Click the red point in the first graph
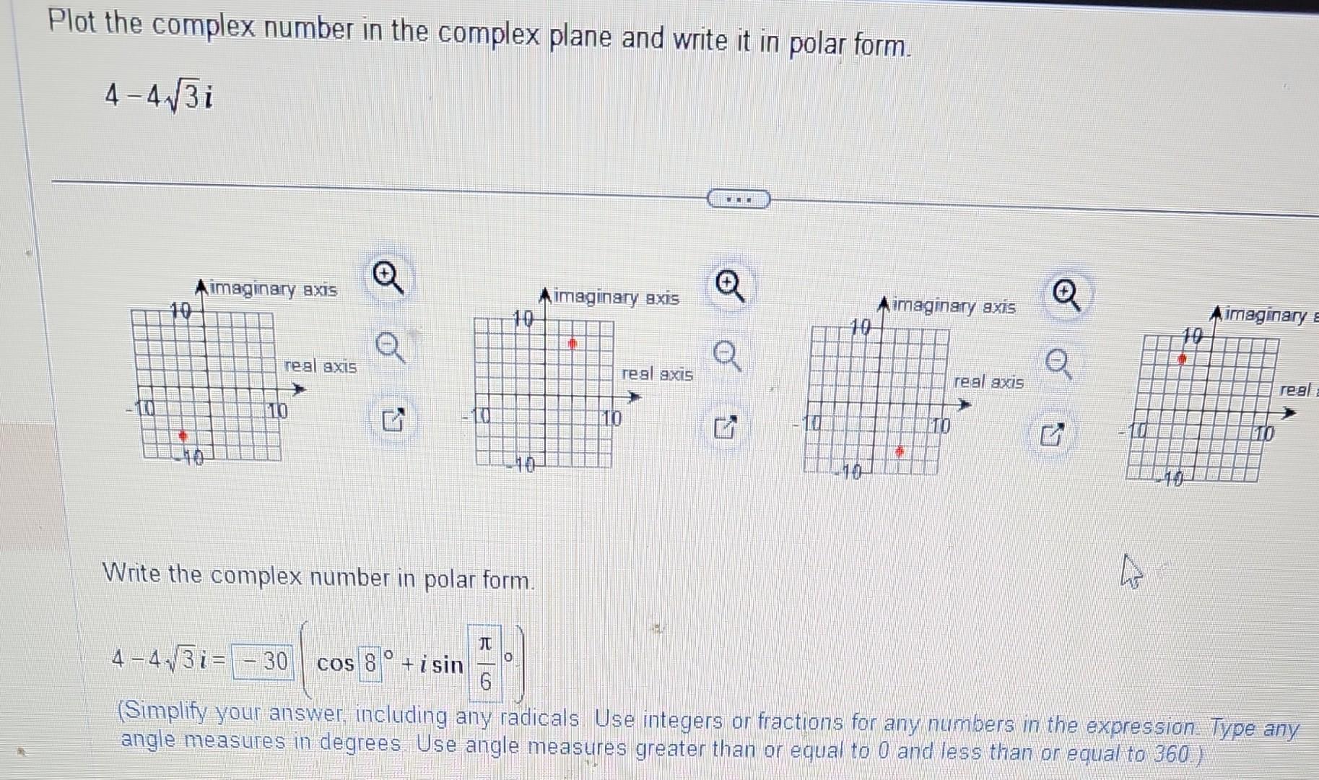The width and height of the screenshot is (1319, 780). pyautogui.click(x=183, y=435)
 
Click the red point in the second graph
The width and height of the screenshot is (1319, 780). pyautogui.click(x=572, y=344)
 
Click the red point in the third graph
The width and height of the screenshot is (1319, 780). pyautogui.click(x=900, y=451)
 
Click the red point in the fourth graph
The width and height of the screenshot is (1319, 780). pyautogui.click(x=1182, y=358)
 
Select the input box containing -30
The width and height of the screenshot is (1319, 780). pyautogui.click(x=263, y=662)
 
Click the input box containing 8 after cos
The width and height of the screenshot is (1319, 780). pyautogui.click(x=370, y=662)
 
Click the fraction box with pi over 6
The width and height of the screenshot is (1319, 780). pyautogui.click(x=485, y=663)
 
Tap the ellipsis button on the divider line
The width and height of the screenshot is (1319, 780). pyautogui.click(x=739, y=199)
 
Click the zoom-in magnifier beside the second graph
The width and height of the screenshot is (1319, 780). pyautogui.click(x=729, y=287)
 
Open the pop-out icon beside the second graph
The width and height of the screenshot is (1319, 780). pyautogui.click(x=726, y=428)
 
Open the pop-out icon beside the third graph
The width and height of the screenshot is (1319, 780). pyautogui.click(x=1051, y=435)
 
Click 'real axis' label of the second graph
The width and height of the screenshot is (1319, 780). pyautogui.click(x=657, y=374)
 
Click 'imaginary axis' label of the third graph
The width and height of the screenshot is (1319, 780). pyautogui.click(x=954, y=307)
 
